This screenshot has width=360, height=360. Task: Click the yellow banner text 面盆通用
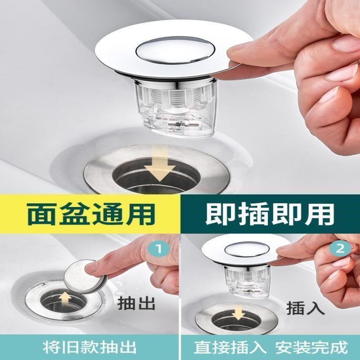pyautogui.click(x=90, y=215)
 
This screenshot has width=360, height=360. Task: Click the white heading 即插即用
pyautogui.click(x=270, y=215)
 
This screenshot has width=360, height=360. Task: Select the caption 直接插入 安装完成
pyautogui.click(x=270, y=347)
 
